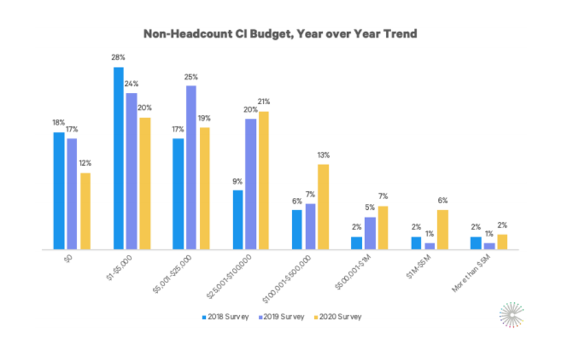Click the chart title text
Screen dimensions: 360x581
point(280,34)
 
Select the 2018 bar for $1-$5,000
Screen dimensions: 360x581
point(119,159)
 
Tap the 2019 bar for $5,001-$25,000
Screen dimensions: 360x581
point(191,167)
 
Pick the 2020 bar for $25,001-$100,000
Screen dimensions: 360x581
point(264,181)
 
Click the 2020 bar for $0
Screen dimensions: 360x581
point(85,211)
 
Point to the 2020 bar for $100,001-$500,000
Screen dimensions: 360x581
point(323,207)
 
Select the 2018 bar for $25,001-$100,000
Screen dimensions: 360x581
point(238,220)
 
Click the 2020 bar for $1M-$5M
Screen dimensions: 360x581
point(442,229)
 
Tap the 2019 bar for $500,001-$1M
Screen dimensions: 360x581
point(370,233)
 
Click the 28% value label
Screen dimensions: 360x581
point(119,58)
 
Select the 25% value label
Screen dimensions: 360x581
point(191,77)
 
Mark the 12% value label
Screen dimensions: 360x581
point(85,163)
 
